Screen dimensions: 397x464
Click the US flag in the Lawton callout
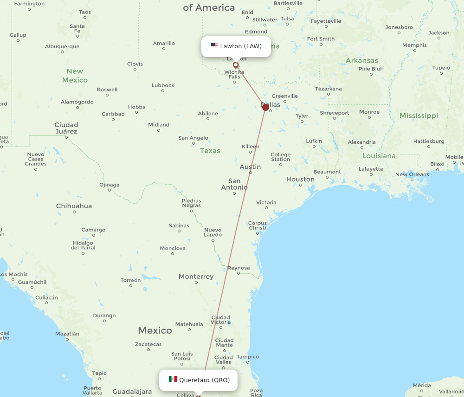coord(214,46)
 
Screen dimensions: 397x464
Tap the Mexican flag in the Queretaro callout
coord(173,379)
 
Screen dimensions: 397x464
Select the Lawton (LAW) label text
coord(241,46)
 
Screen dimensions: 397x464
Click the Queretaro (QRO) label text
coord(204,380)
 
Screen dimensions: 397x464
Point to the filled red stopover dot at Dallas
coord(265,107)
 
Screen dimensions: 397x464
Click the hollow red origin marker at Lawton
coord(236,65)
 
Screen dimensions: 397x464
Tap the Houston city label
coord(300,179)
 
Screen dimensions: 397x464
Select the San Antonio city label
coord(234,184)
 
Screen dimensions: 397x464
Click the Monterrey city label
coord(196,277)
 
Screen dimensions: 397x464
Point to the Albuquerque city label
coord(62,46)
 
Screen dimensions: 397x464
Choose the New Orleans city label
coord(412,174)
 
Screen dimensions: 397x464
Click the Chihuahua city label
coord(74,206)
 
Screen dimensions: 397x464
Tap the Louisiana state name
coord(379,156)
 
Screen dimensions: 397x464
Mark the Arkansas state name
coord(362,60)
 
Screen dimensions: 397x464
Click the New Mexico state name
coord(75,76)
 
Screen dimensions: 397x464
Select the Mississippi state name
coord(419,115)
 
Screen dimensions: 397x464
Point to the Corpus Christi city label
coord(257,225)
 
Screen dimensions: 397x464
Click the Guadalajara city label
coord(132,392)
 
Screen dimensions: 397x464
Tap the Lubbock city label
coord(163,85)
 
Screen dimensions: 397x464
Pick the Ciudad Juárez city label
coord(66,128)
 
